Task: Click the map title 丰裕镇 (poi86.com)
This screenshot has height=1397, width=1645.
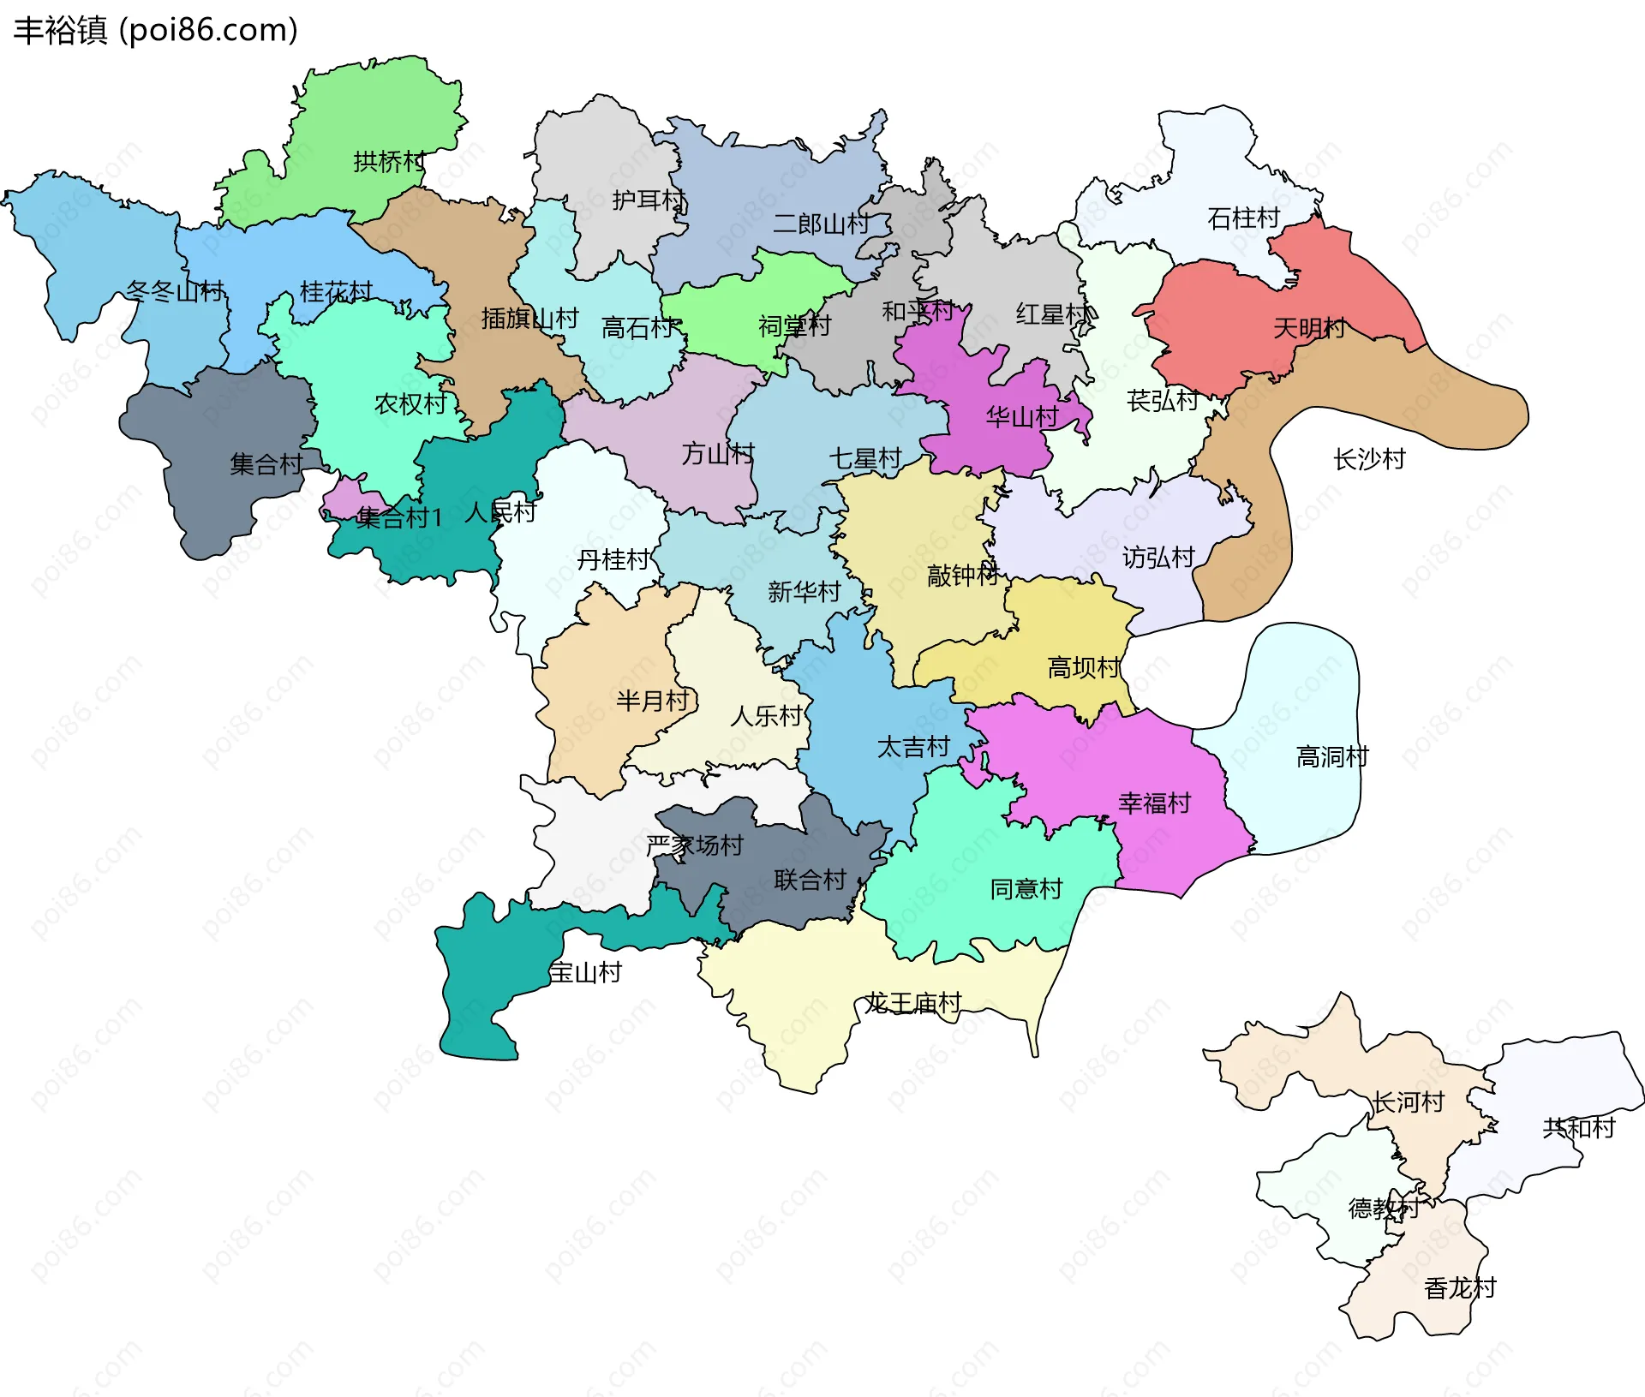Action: pos(156,30)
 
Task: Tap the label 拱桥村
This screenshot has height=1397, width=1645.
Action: pos(389,161)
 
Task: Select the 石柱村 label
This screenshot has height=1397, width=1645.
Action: pos(1243,218)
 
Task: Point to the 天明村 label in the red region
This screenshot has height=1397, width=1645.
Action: pos(1308,328)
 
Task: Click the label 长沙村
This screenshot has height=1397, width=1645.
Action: pos(1369,459)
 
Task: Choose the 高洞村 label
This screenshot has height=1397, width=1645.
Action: pos(1332,756)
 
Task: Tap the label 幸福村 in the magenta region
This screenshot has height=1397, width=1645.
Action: pos(1154,803)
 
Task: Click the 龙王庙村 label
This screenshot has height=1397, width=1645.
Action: pos(912,1002)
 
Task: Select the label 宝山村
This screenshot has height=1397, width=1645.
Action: pos(585,972)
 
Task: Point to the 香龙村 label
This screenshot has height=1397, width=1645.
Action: pos(1460,1287)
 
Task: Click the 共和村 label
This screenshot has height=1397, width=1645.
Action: pos(1578,1127)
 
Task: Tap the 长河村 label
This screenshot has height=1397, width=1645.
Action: pos(1409,1101)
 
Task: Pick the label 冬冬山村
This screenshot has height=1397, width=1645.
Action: pos(175,291)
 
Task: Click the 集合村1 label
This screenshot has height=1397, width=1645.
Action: pos(399,517)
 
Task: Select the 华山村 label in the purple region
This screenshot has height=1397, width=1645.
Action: pos(1021,417)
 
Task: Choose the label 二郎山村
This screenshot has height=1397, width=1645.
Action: pos(821,224)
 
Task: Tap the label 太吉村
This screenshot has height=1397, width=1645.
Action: pos(913,747)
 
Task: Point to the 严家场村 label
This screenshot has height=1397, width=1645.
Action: pos(695,845)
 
